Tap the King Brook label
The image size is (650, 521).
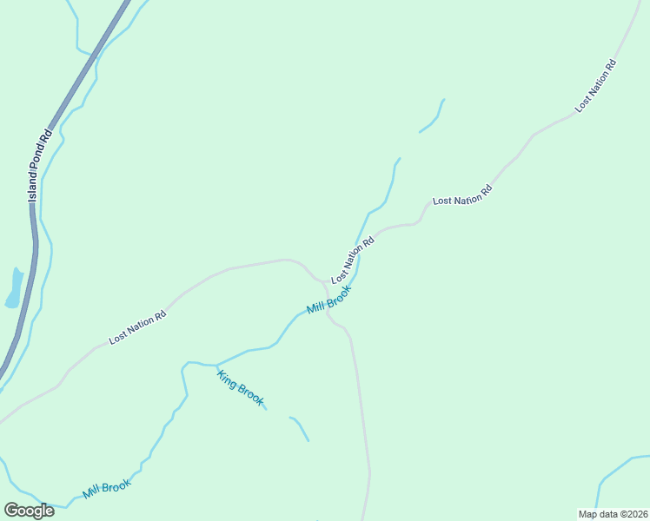240,387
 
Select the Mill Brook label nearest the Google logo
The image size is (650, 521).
107,489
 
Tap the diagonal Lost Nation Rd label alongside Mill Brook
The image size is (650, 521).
352,259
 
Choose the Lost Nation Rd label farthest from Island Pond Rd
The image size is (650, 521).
595,86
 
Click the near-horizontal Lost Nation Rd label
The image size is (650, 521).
462,195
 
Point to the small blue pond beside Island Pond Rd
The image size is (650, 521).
14,288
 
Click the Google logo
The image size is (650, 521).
29,511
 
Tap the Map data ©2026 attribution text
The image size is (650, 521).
613,514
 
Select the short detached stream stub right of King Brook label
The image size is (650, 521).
300,427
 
